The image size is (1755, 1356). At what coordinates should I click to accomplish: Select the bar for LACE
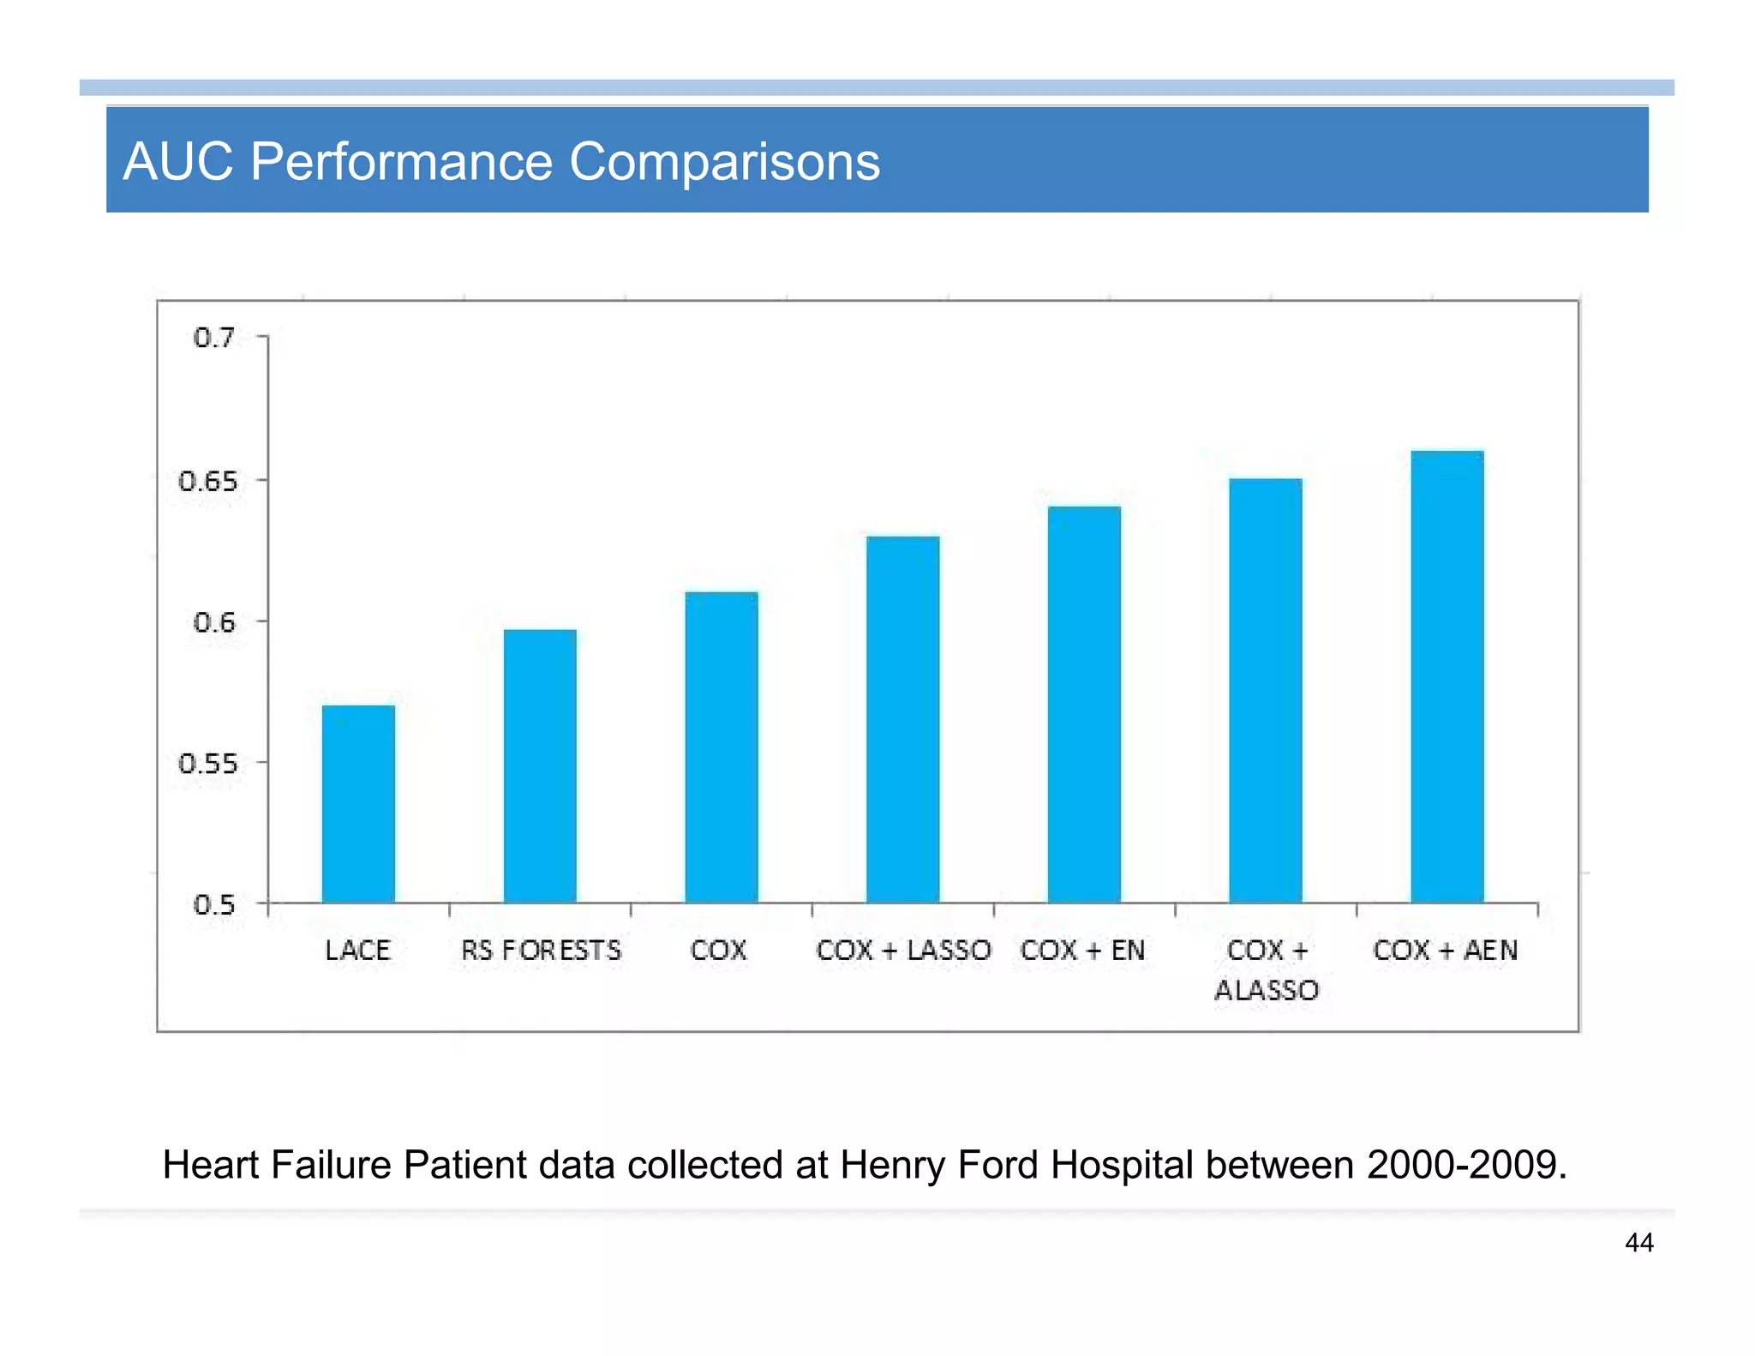(x=358, y=804)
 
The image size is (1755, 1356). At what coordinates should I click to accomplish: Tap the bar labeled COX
(x=722, y=747)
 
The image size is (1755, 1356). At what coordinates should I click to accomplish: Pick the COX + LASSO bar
(x=902, y=719)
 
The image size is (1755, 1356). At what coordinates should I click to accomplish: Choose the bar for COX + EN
(x=1084, y=704)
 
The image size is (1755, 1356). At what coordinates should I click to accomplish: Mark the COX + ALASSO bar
(x=1266, y=690)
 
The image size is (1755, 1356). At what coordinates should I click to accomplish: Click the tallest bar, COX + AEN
(x=1447, y=676)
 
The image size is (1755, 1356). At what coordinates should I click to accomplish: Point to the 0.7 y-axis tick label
(x=213, y=338)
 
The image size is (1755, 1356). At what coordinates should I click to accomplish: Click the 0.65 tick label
(x=207, y=481)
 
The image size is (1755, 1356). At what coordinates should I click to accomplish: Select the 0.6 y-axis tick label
(x=213, y=622)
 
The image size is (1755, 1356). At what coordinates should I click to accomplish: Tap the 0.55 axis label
(x=207, y=764)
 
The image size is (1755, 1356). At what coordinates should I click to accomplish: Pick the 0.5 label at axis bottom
(x=213, y=904)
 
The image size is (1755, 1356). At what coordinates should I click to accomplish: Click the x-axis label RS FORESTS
(x=541, y=950)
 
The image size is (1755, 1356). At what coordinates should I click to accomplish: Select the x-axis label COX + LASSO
(x=903, y=950)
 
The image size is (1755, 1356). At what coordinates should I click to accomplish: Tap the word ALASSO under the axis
(x=1267, y=990)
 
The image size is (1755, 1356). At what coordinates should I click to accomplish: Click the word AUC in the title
(x=177, y=161)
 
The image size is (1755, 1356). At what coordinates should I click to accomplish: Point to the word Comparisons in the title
(x=724, y=161)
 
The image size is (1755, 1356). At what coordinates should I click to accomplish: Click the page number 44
(x=1638, y=1243)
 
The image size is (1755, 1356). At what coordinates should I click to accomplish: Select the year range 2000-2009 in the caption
(x=1466, y=1165)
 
